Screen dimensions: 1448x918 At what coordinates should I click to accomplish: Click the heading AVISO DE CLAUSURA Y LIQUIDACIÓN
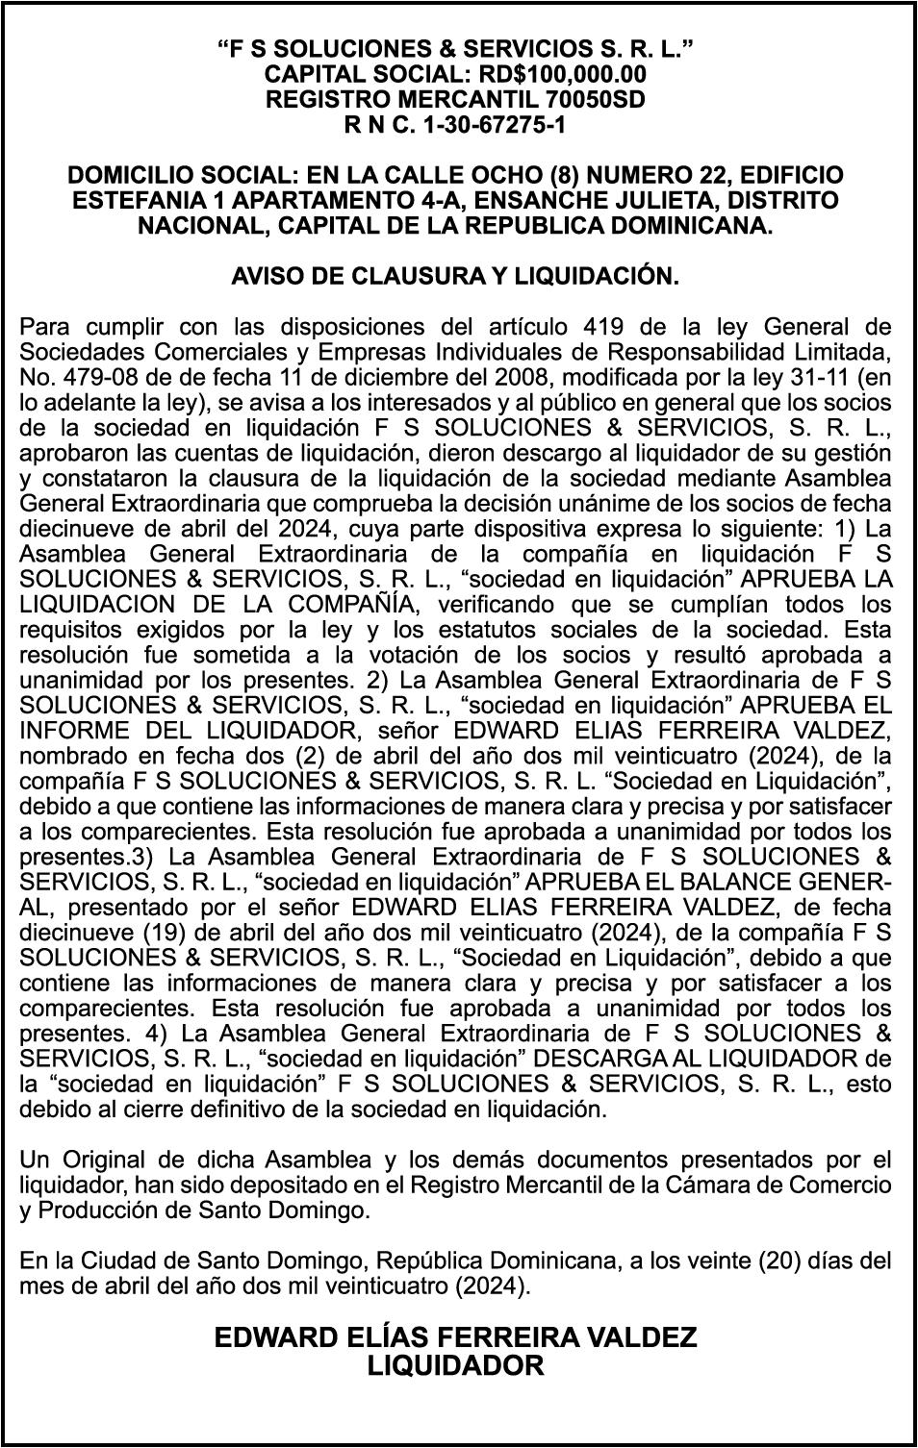click(455, 276)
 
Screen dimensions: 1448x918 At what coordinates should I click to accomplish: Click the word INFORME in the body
click(66, 730)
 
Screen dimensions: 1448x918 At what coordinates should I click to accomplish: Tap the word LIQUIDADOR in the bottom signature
click(455, 1366)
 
